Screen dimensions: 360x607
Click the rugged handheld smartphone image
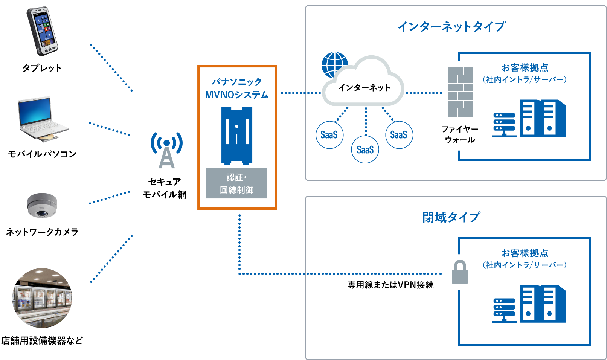(x=42, y=31)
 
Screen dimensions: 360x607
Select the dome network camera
(x=42, y=205)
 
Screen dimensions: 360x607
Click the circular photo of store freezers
(x=42, y=297)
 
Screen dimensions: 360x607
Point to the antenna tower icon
(x=166, y=150)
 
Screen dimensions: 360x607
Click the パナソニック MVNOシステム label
(x=236, y=88)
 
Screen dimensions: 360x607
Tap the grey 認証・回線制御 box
(x=236, y=183)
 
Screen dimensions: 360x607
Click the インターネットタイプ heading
(x=451, y=27)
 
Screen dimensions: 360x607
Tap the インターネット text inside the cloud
(x=364, y=88)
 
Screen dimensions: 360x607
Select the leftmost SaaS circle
(x=329, y=135)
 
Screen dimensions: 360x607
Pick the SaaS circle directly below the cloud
(x=365, y=149)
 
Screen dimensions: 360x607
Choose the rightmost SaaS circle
(x=399, y=135)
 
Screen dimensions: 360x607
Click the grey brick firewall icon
(x=460, y=92)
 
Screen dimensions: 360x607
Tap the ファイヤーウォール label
(x=460, y=134)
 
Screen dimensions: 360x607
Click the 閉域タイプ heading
(x=451, y=217)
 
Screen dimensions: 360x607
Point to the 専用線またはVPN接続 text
(x=390, y=285)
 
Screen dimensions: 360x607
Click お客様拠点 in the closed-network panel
(x=524, y=253)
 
